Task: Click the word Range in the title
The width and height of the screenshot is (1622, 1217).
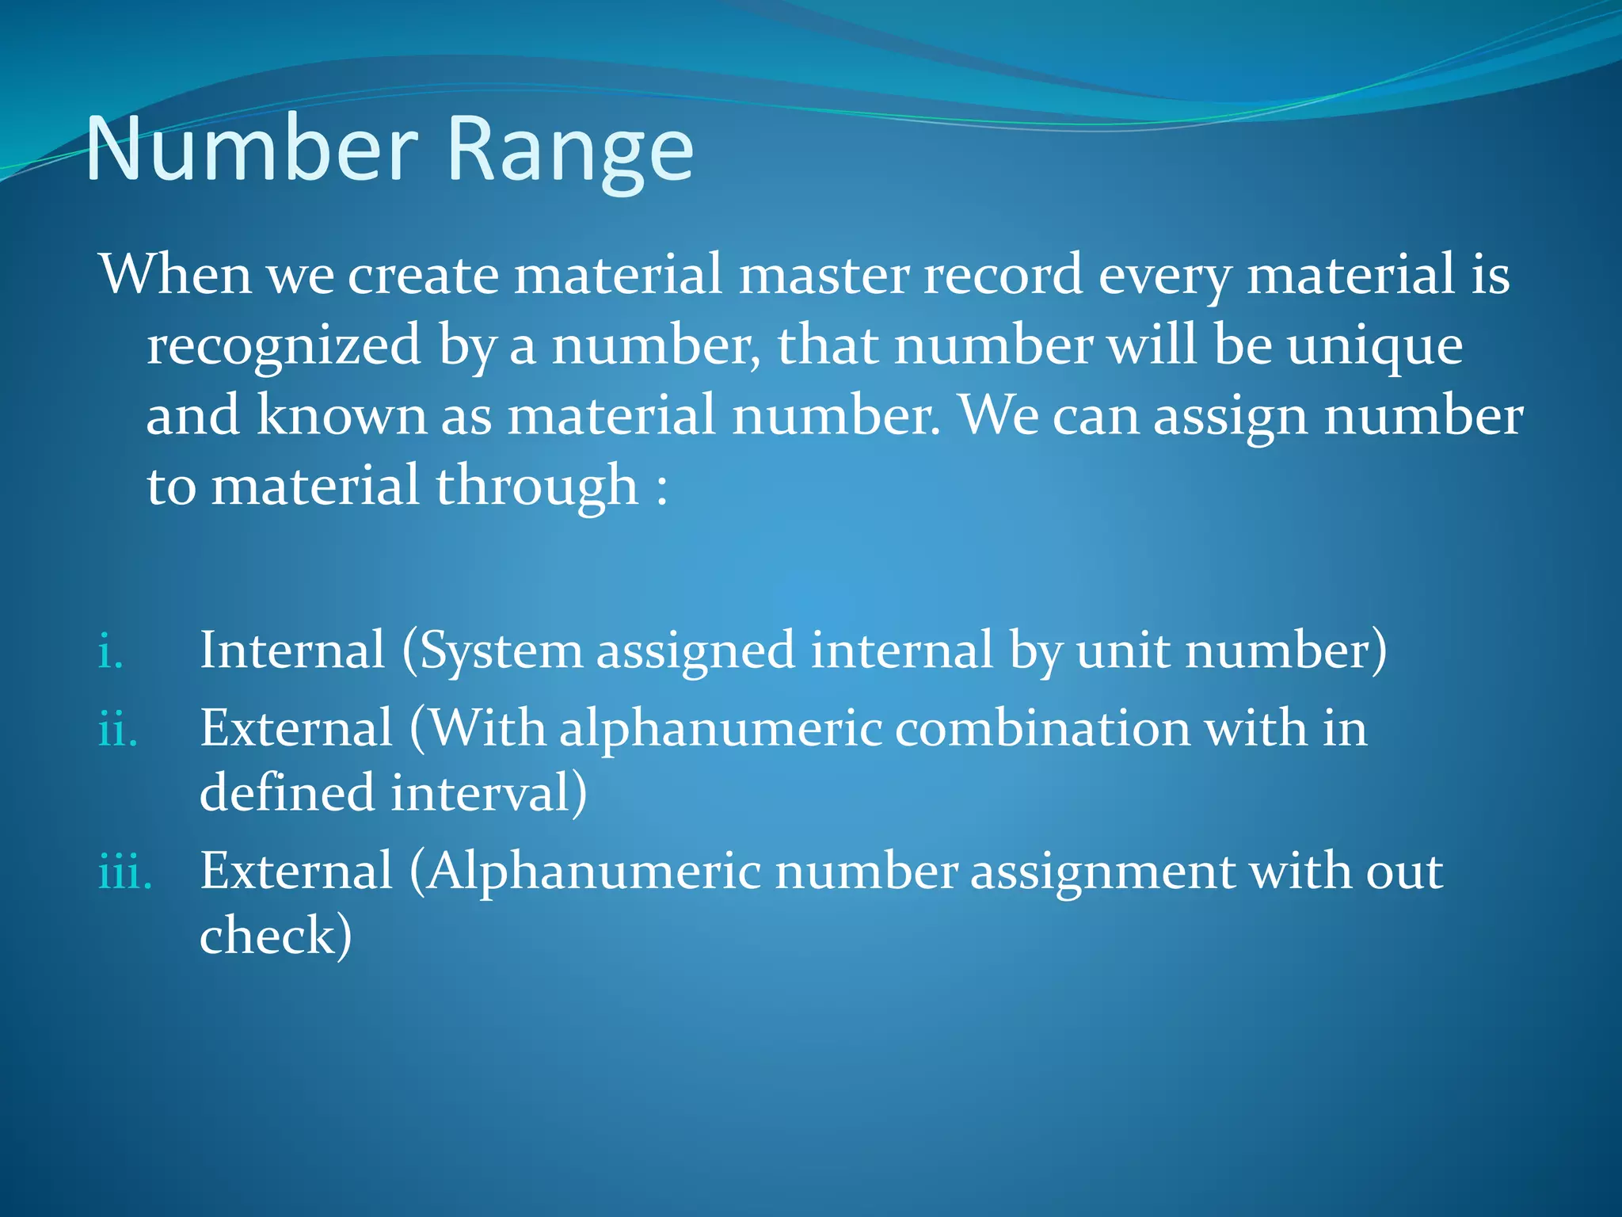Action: pyautogui.click(x=570, y=151)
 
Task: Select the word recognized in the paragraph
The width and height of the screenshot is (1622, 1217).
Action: pyautogui.click(x=284, y=345)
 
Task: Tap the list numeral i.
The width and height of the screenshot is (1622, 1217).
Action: pyautogui.click(x=110, y=653)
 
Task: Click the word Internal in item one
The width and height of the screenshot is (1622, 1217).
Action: pyautogui.click(x=291, y=650)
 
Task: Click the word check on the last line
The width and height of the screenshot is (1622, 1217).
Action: pyautogui.click(x=269, y=935)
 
